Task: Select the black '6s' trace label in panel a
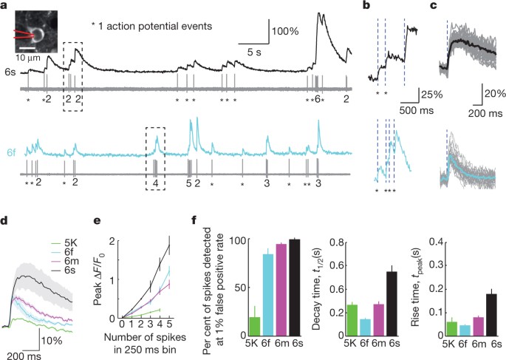point(10,73)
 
